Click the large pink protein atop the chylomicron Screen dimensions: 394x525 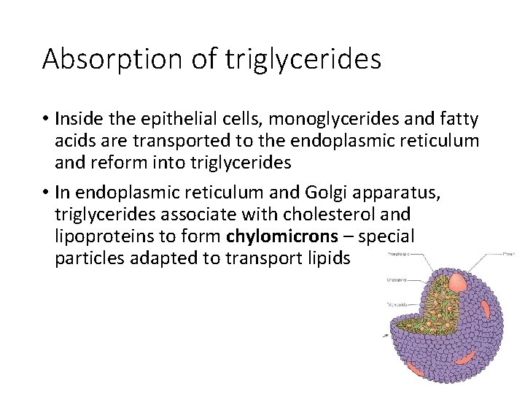tap(458, 282)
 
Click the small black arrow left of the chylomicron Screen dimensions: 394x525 tap(385, 336)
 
